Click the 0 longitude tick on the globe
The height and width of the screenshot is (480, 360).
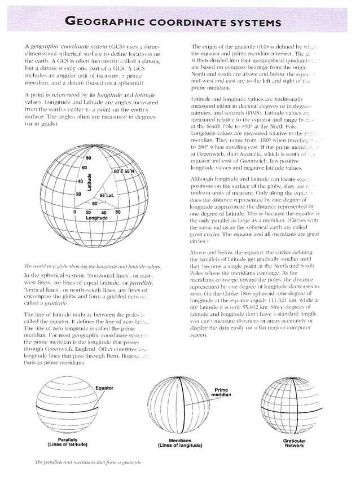[x=74, y=212]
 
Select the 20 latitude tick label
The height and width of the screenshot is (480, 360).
[x=79, y=193]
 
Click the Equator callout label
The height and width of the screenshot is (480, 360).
[x=104, y=388]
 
